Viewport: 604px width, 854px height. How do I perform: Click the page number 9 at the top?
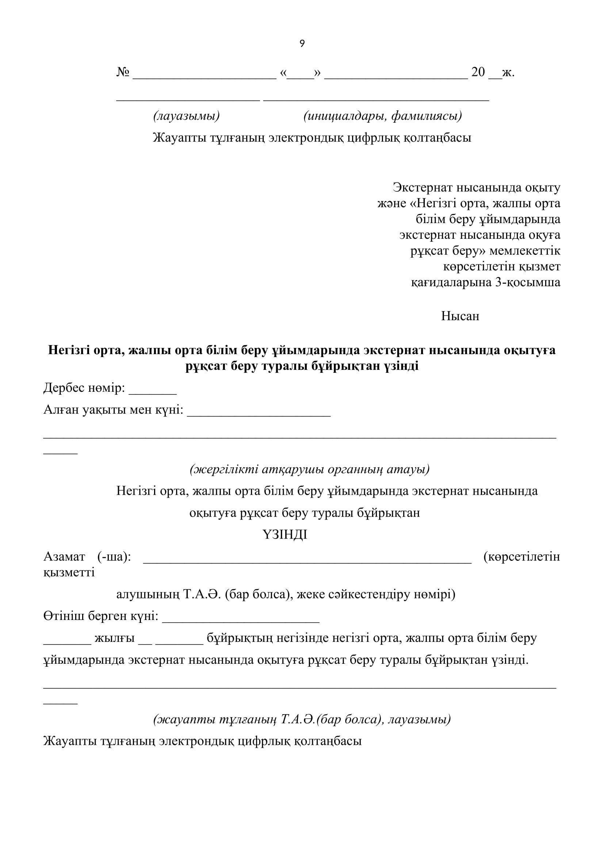click(302, 44)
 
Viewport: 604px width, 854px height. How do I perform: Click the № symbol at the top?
click(123, 72)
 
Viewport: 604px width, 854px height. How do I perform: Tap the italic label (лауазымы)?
click(186, 116)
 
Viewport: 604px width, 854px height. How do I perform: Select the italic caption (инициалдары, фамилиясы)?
click(383, 116)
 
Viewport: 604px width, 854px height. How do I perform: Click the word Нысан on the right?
click(460, 316)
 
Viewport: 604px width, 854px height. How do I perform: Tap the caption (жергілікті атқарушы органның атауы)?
click(310, 470)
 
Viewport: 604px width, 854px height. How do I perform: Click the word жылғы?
click(115, 638)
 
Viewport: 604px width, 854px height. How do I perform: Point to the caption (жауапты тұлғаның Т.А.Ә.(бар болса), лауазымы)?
click(302, 719)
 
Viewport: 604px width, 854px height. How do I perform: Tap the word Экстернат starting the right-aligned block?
click(423, 188)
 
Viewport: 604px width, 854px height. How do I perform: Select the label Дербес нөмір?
click(84, 388)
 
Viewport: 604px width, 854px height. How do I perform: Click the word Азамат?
click(64, 557)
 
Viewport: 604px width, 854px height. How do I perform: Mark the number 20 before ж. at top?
click(478, 72)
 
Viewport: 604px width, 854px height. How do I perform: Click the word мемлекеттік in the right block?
click(525, 251)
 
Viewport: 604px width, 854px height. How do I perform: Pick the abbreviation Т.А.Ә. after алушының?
click(203, 595)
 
